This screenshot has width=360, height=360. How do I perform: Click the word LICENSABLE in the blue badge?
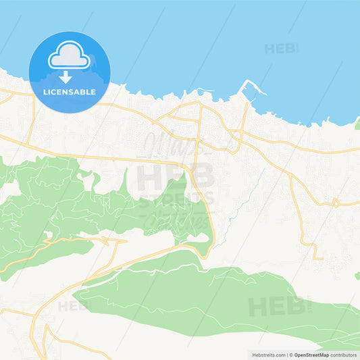pos(70,92)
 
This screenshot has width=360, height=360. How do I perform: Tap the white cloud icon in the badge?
pos(69,56)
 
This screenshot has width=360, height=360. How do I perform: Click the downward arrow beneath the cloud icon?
pos(66,76)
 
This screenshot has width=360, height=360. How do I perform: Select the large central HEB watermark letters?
pos(175,176)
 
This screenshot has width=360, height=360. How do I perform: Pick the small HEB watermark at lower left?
pos(73,306)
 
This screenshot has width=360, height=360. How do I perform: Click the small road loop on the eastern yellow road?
pos(334,202)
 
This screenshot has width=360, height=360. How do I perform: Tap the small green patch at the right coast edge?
pos(357,124)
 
